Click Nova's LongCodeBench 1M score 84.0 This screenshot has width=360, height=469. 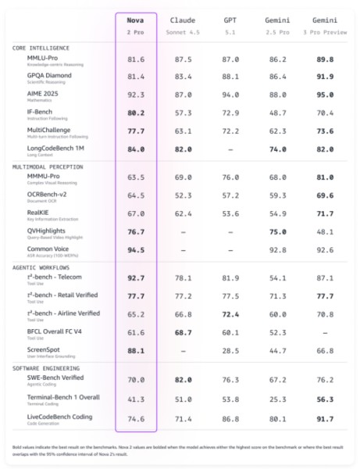(x=136, y=149)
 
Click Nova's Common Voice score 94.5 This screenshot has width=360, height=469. (x=136, y=250)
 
